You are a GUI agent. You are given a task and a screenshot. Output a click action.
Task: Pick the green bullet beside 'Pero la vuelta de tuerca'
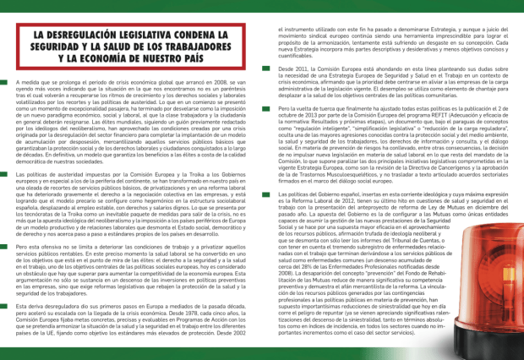pos(270,111)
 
